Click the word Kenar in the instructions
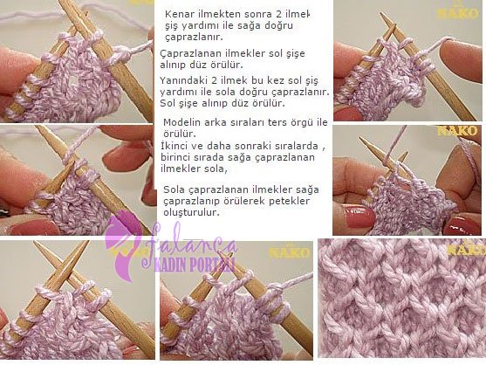[176, 14]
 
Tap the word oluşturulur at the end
[192, 212]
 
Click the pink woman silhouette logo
[121, 245]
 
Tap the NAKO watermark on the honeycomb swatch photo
[466, 249]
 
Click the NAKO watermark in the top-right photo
[457, 13]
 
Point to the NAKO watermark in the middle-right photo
[457, 131]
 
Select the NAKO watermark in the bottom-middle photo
[290, 252]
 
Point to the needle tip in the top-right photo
[382, 14]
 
